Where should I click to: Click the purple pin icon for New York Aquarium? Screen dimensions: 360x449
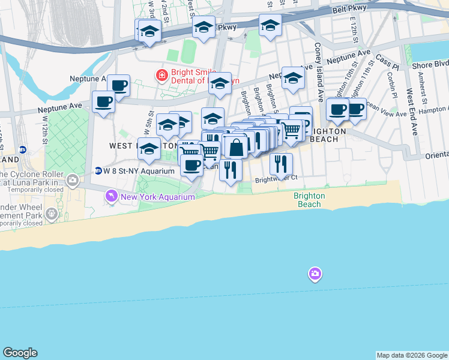(111, 196)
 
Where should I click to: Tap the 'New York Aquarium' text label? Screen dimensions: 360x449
(157, 197)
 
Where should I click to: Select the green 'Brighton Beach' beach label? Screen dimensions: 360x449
(309, 200)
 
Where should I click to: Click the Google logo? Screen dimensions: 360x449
(20, 353)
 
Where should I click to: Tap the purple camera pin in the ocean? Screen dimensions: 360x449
(315, 274)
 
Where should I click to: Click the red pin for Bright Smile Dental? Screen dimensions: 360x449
(161, 76)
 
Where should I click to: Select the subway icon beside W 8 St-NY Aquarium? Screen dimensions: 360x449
(98, 171)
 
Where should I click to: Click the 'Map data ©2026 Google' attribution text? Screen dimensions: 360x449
(411, 355)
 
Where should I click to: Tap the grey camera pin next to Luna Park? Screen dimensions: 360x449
(73, 179)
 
